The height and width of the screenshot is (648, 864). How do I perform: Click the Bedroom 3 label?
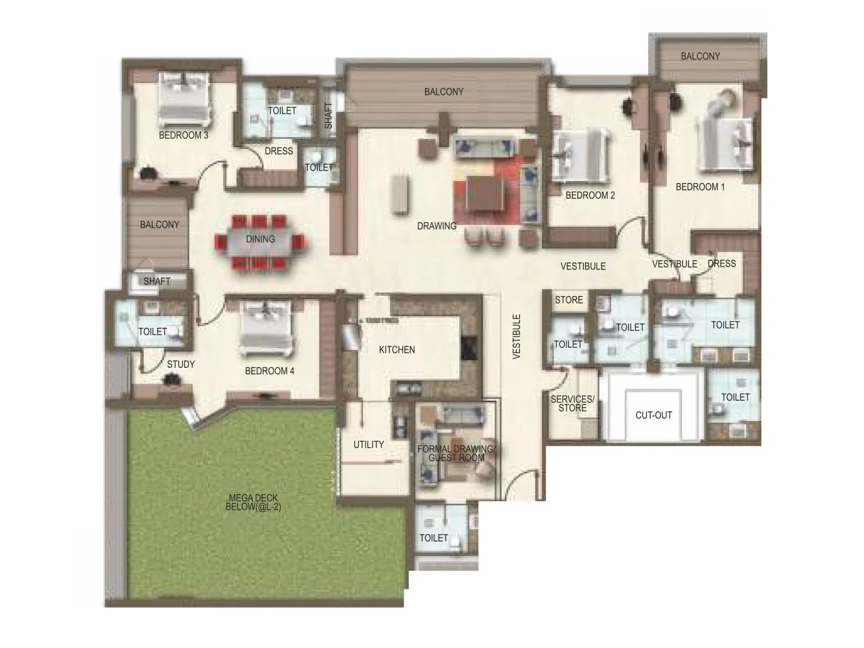point(184,136)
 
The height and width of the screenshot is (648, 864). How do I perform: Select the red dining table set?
point(260,242)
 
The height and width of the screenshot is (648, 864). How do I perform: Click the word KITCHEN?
point(397,350)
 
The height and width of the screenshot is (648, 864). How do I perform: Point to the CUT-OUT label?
point(653,415)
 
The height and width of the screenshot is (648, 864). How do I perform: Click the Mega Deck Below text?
point(253,503)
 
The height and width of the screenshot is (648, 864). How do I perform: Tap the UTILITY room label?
point(368,445)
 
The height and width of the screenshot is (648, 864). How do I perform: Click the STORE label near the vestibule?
point(569,300)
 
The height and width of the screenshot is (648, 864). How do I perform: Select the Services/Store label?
point(572,404)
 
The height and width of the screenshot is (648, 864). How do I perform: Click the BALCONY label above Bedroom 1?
point(700,56)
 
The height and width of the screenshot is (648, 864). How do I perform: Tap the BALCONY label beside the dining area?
point(159,225)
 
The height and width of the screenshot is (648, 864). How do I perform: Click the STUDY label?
point(180,364)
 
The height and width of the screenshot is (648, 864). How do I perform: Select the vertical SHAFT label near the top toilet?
point(328,115)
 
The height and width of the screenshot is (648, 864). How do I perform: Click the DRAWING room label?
point(436,226)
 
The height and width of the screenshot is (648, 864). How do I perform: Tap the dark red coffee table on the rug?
point(487,194)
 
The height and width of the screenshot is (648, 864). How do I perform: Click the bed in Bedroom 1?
point(724,144)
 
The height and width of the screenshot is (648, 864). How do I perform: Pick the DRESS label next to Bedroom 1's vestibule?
point(721,264)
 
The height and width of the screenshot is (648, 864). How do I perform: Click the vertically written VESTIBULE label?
point(517,336)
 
